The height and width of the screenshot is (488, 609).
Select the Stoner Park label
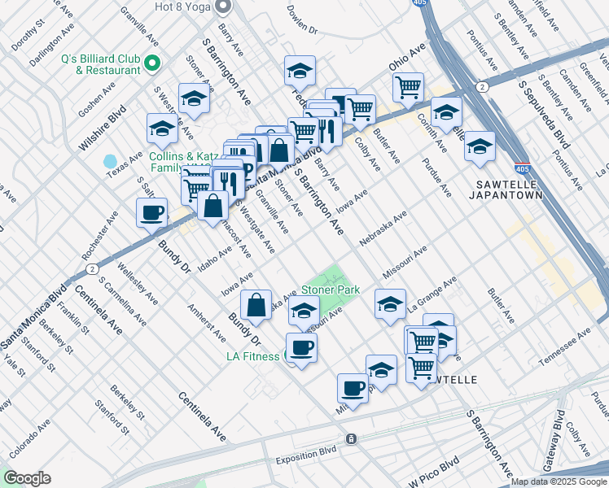coord(331,289)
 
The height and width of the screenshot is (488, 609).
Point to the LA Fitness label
coord(253,356)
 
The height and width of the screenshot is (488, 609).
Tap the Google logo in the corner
coord(27,478)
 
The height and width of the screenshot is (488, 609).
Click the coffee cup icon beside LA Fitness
coord(301,348)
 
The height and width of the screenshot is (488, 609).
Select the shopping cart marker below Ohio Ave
coord(408,86)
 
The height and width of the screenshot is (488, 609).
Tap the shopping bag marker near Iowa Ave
coord(256,306)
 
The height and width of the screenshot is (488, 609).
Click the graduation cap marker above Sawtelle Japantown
coord(480,146)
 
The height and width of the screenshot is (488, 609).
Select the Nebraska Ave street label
coord(383,227)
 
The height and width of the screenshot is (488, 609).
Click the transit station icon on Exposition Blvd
coord(351,439)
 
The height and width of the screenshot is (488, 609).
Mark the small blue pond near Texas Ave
coord(111,162)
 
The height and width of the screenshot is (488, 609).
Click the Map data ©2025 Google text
coord(558,481)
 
